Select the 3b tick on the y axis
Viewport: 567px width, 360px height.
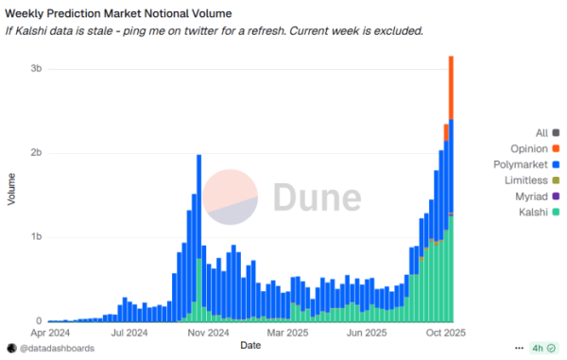tap(35, 70)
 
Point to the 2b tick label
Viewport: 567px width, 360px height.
tap(35, 153)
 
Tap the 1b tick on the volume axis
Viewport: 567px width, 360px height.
tap(35, 237)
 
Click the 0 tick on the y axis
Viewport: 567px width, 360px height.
tap(38, 321)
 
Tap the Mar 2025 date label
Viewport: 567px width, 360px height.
tap(288, 333)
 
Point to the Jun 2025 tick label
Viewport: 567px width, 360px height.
tap(366, 333)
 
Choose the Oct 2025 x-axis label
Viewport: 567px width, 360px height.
tap(441, 333)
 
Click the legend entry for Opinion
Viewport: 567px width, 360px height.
tap(529, 148)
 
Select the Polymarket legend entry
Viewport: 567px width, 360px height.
tap(523, 164)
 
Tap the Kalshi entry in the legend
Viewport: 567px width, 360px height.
tap(534, 213)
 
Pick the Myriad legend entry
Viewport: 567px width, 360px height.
tap(533, 197)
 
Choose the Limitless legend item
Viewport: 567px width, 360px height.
tap(528, 180)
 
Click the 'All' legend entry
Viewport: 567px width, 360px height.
tap(541, 132)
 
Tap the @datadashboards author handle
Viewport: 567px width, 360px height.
tap(57, 349)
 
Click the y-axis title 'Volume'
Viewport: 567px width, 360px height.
tap(11, 189)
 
